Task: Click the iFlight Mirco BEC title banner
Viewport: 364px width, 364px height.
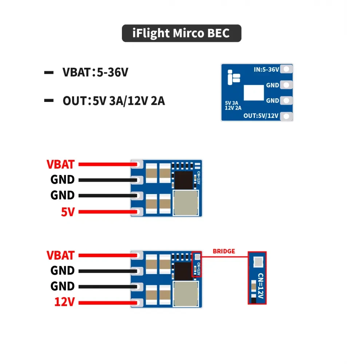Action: point(181,33)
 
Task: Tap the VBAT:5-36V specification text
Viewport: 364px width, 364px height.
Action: point(95,72)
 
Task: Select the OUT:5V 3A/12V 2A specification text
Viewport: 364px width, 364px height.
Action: point(114,101)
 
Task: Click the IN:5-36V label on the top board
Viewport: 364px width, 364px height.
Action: point(266,69)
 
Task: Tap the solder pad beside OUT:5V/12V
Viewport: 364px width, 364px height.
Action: point(287,116)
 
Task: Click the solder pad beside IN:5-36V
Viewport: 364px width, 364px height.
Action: point(287,69)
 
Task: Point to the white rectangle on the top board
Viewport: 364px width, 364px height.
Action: point(254,92)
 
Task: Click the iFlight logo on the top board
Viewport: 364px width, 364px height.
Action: point(233,77)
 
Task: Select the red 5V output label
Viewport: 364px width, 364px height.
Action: point(68,211)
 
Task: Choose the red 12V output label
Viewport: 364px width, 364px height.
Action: point(64,302)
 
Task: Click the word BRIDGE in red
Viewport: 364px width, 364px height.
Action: point(224,251)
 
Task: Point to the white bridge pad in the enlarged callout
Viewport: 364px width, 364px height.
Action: point(257,261)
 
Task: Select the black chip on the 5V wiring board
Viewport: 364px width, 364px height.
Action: point(183,180)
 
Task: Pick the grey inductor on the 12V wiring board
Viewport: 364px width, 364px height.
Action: point(186,293)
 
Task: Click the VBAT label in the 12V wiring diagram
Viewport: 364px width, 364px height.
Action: point(60,255)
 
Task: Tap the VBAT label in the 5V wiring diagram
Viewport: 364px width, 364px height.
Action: point(60,164)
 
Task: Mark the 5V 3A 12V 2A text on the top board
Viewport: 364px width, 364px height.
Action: point(233,105)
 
